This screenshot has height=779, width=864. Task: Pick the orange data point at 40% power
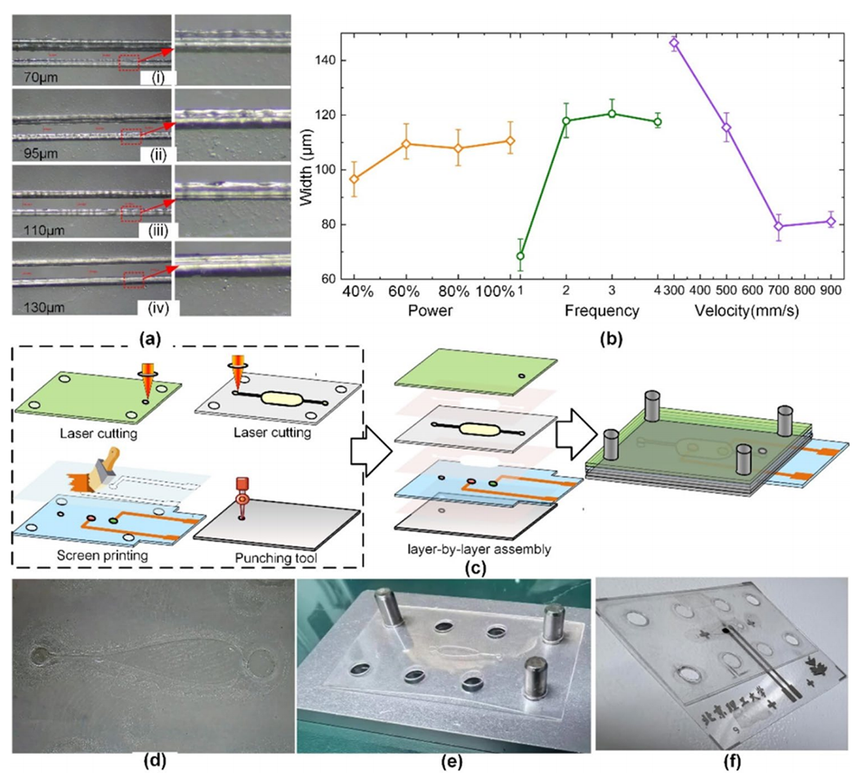point(355,179)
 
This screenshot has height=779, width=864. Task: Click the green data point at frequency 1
point(520,256)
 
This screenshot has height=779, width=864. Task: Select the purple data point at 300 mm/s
point(674,43)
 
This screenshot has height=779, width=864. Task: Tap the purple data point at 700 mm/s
point(778,226)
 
